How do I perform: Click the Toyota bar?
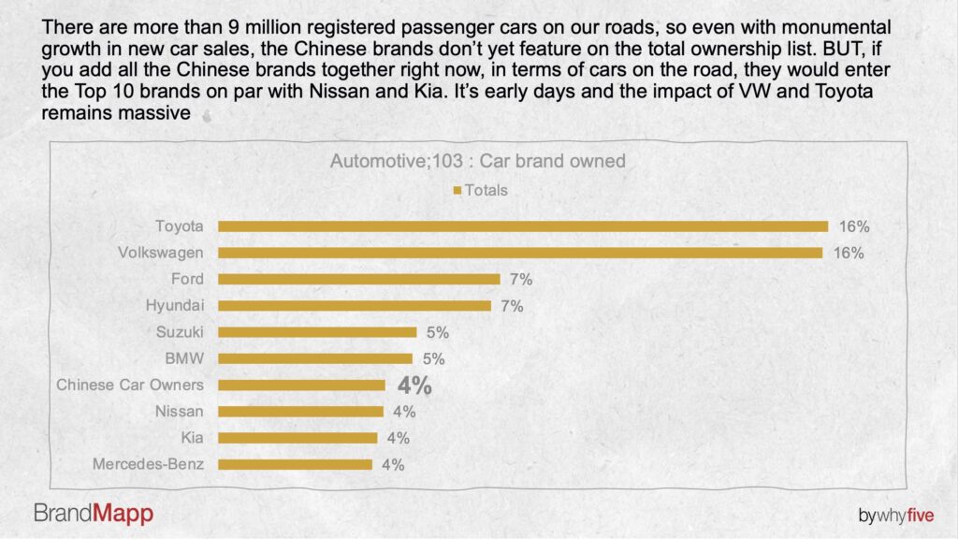pyautogui.click(x=523, y=226)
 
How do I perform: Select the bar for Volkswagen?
pyautogui.click(x=520, y=253)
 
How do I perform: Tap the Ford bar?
pyautogui.click(x=359, y=279)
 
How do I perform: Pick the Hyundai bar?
pyautogui.click(x=355, y=306)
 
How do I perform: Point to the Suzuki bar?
pyautogui.click(x=317, y=332)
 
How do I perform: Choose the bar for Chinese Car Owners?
pyautogui.click(x=302, y=385)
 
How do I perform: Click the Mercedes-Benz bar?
pyautogui.click(x=295, y=464)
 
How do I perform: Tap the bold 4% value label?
pyautogui.click(x=414, y=386)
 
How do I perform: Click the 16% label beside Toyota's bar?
pyautogui.click(x=854, y=226)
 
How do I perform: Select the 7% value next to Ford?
pyautogui.click(x=521, y=279)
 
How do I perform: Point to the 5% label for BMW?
pyautogui.click(x=434, y=358)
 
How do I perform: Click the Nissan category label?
pyautogui.click(x=179, y=412)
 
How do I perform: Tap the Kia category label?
pyautogui.click(x=192, y=438)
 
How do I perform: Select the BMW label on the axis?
pyautogui.click(x=184, y=358)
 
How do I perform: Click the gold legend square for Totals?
pyautogui.click(x=457, y=191)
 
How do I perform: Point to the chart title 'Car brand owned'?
pyautogui.click(x=552, y=161)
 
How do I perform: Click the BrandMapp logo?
pyautogui.click(x=94, y=514)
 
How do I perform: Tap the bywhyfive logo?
pyautogui.click(x=896, y=516)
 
